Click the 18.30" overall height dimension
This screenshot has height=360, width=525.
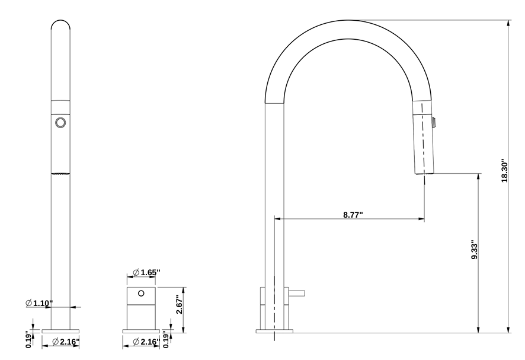[504, 171]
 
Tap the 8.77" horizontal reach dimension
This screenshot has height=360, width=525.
[353, 215]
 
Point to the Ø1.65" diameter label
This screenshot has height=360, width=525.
[146, 272]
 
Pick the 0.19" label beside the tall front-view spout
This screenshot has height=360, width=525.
[28, 339]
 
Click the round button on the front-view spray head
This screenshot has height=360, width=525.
[60, 123]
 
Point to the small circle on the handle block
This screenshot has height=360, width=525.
[142, 293]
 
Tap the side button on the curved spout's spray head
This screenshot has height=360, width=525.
[436, 122]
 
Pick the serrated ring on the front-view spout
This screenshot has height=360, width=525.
[60, 173]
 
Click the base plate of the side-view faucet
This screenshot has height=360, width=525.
[275, 330]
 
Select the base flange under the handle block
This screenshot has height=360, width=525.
[142, 330]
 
